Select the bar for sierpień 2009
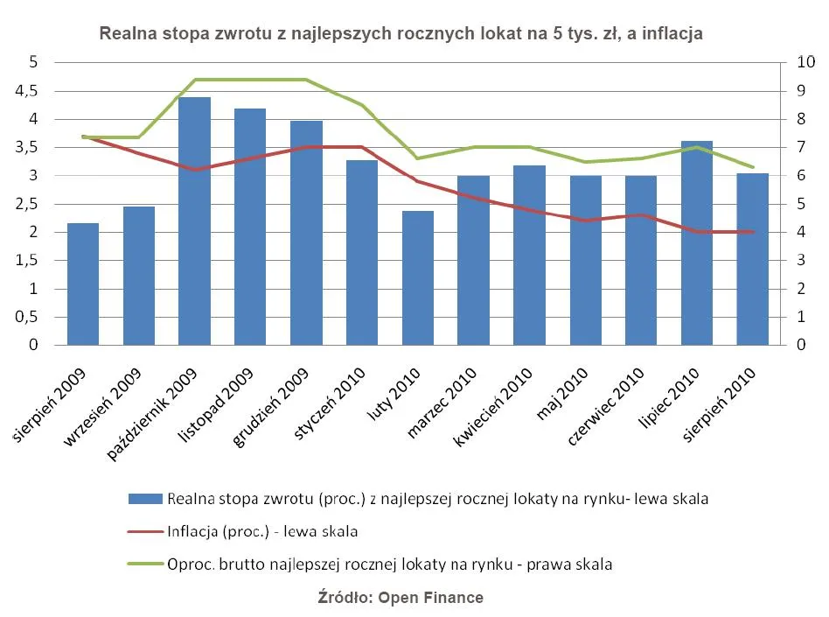[x=83, y=284]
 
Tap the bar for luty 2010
[x=418, y=277]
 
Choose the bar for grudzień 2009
[x=306, y=233]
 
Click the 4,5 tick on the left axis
[x=29, y=91]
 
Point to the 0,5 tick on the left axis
[x=29, y=317]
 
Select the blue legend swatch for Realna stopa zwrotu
[x=145, y=499]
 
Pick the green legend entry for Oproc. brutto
[x=389, y=564]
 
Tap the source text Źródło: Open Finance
[x=400, y=598]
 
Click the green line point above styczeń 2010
[x=361, y=105]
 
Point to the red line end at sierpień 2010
[x=752, y=232]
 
